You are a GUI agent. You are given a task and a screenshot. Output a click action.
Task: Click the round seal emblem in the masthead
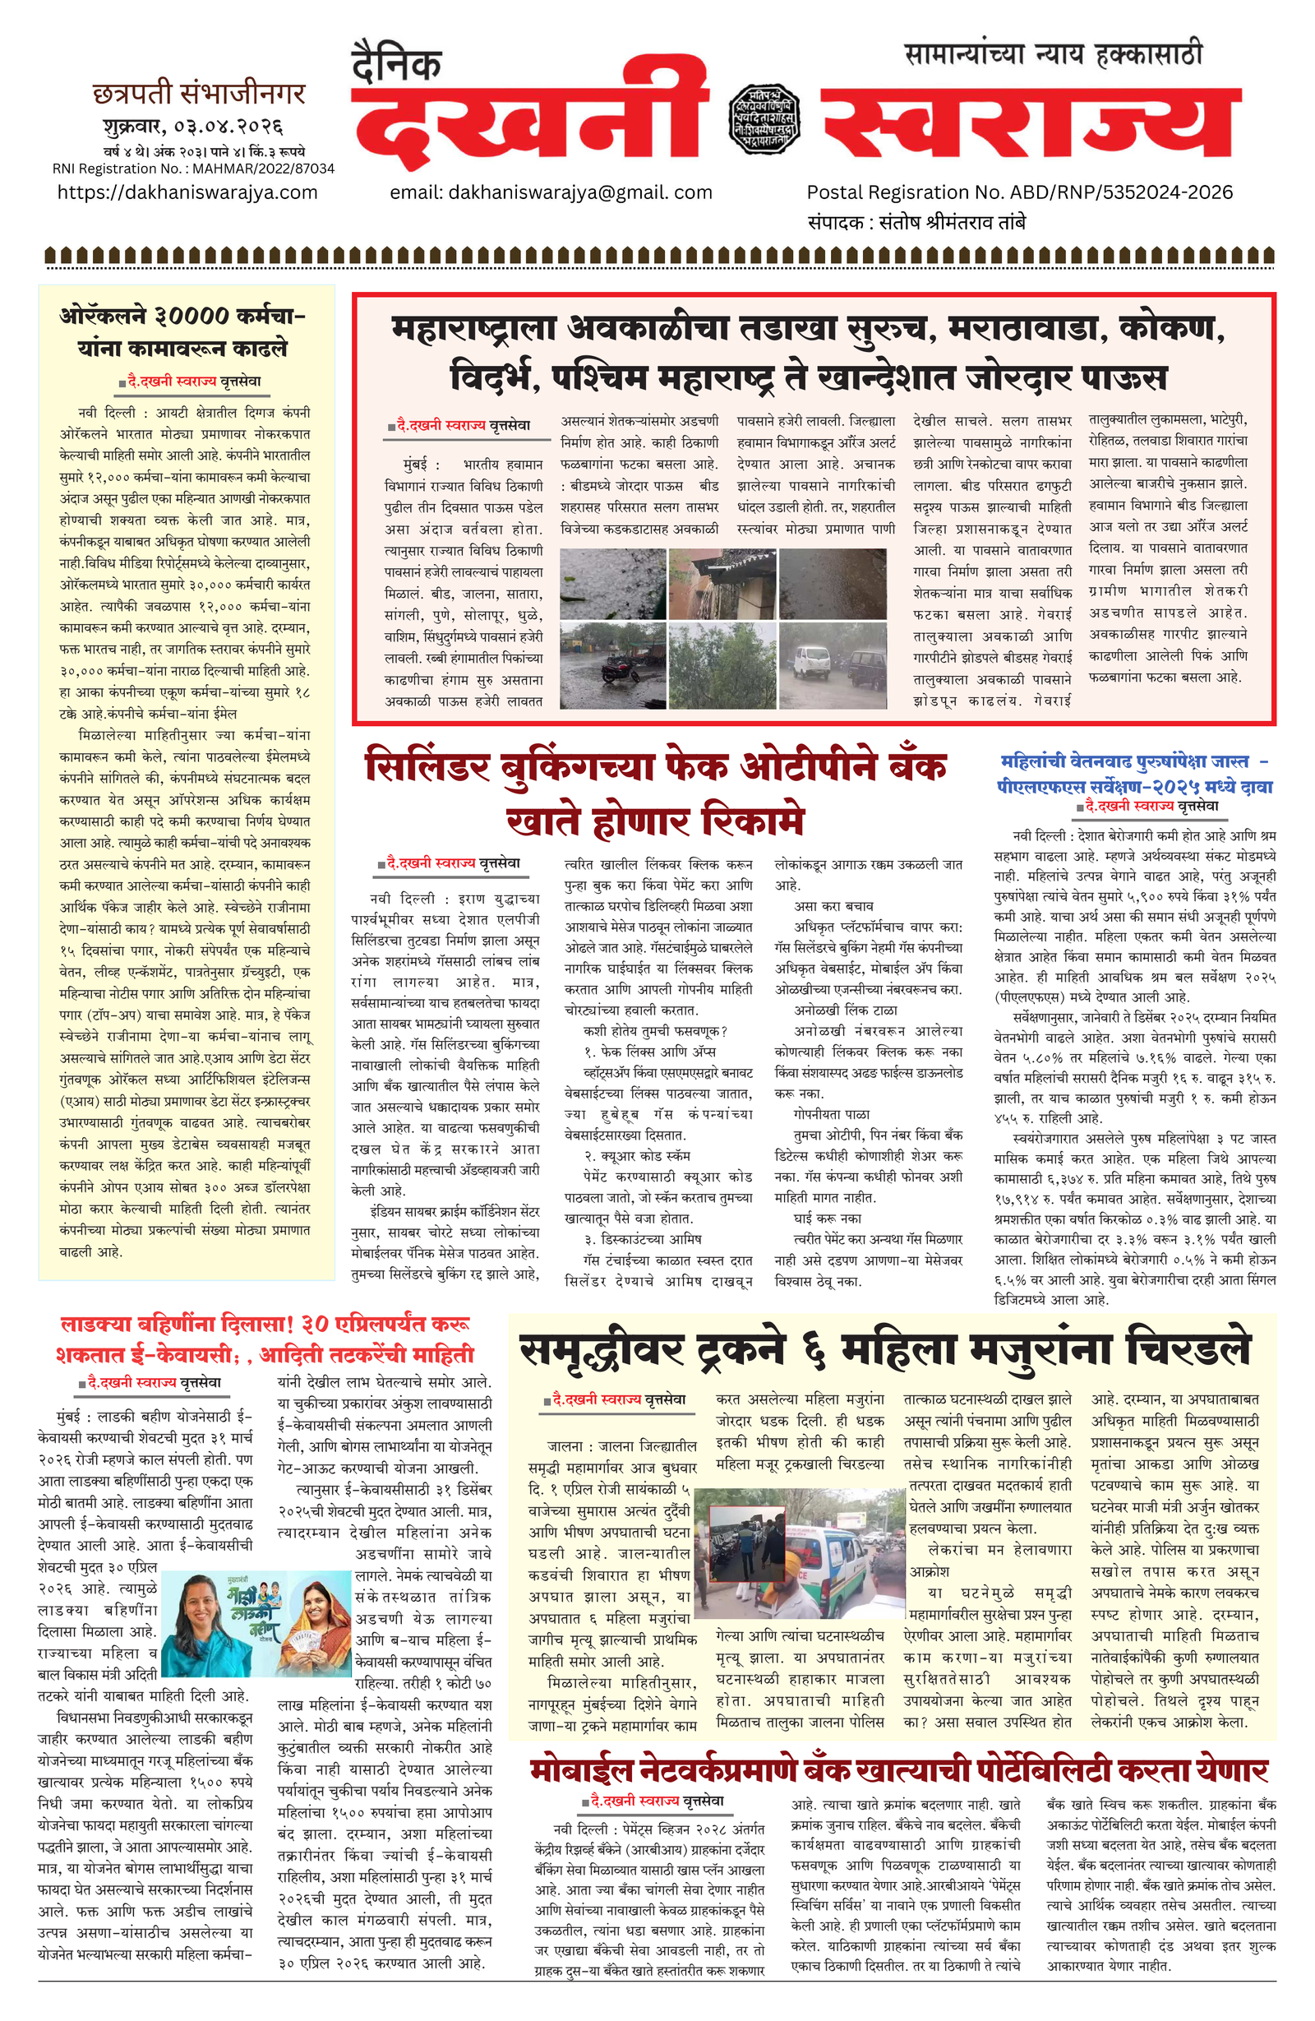pyautogui.click(x=764, y=119)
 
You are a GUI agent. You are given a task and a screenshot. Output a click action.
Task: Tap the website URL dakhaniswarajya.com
pyautogui.click(x=187, y=192)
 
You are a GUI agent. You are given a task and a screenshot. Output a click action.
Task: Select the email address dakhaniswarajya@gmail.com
pyautogui.click(x=551, y=192)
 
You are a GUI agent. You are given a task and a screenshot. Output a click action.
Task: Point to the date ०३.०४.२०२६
pyautogui.click(x=228, y=127)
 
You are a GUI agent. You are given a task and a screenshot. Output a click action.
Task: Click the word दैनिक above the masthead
pyautogui.click(x=396, y=64)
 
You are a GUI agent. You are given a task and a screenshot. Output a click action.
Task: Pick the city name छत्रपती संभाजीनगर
pyautogui.click(x=199, y=94)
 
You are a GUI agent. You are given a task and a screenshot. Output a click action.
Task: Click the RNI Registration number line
pyautogui.click(x=194, y=168)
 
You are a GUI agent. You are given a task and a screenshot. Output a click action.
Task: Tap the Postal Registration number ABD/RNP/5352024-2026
pyautogui.click(x=1020, y=192)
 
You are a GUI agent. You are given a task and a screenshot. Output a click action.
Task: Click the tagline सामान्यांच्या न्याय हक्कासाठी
pyautogui.click(x=1053, y=54)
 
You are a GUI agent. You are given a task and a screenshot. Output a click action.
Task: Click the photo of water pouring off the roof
pyautogui.click(x=722, y=585)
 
